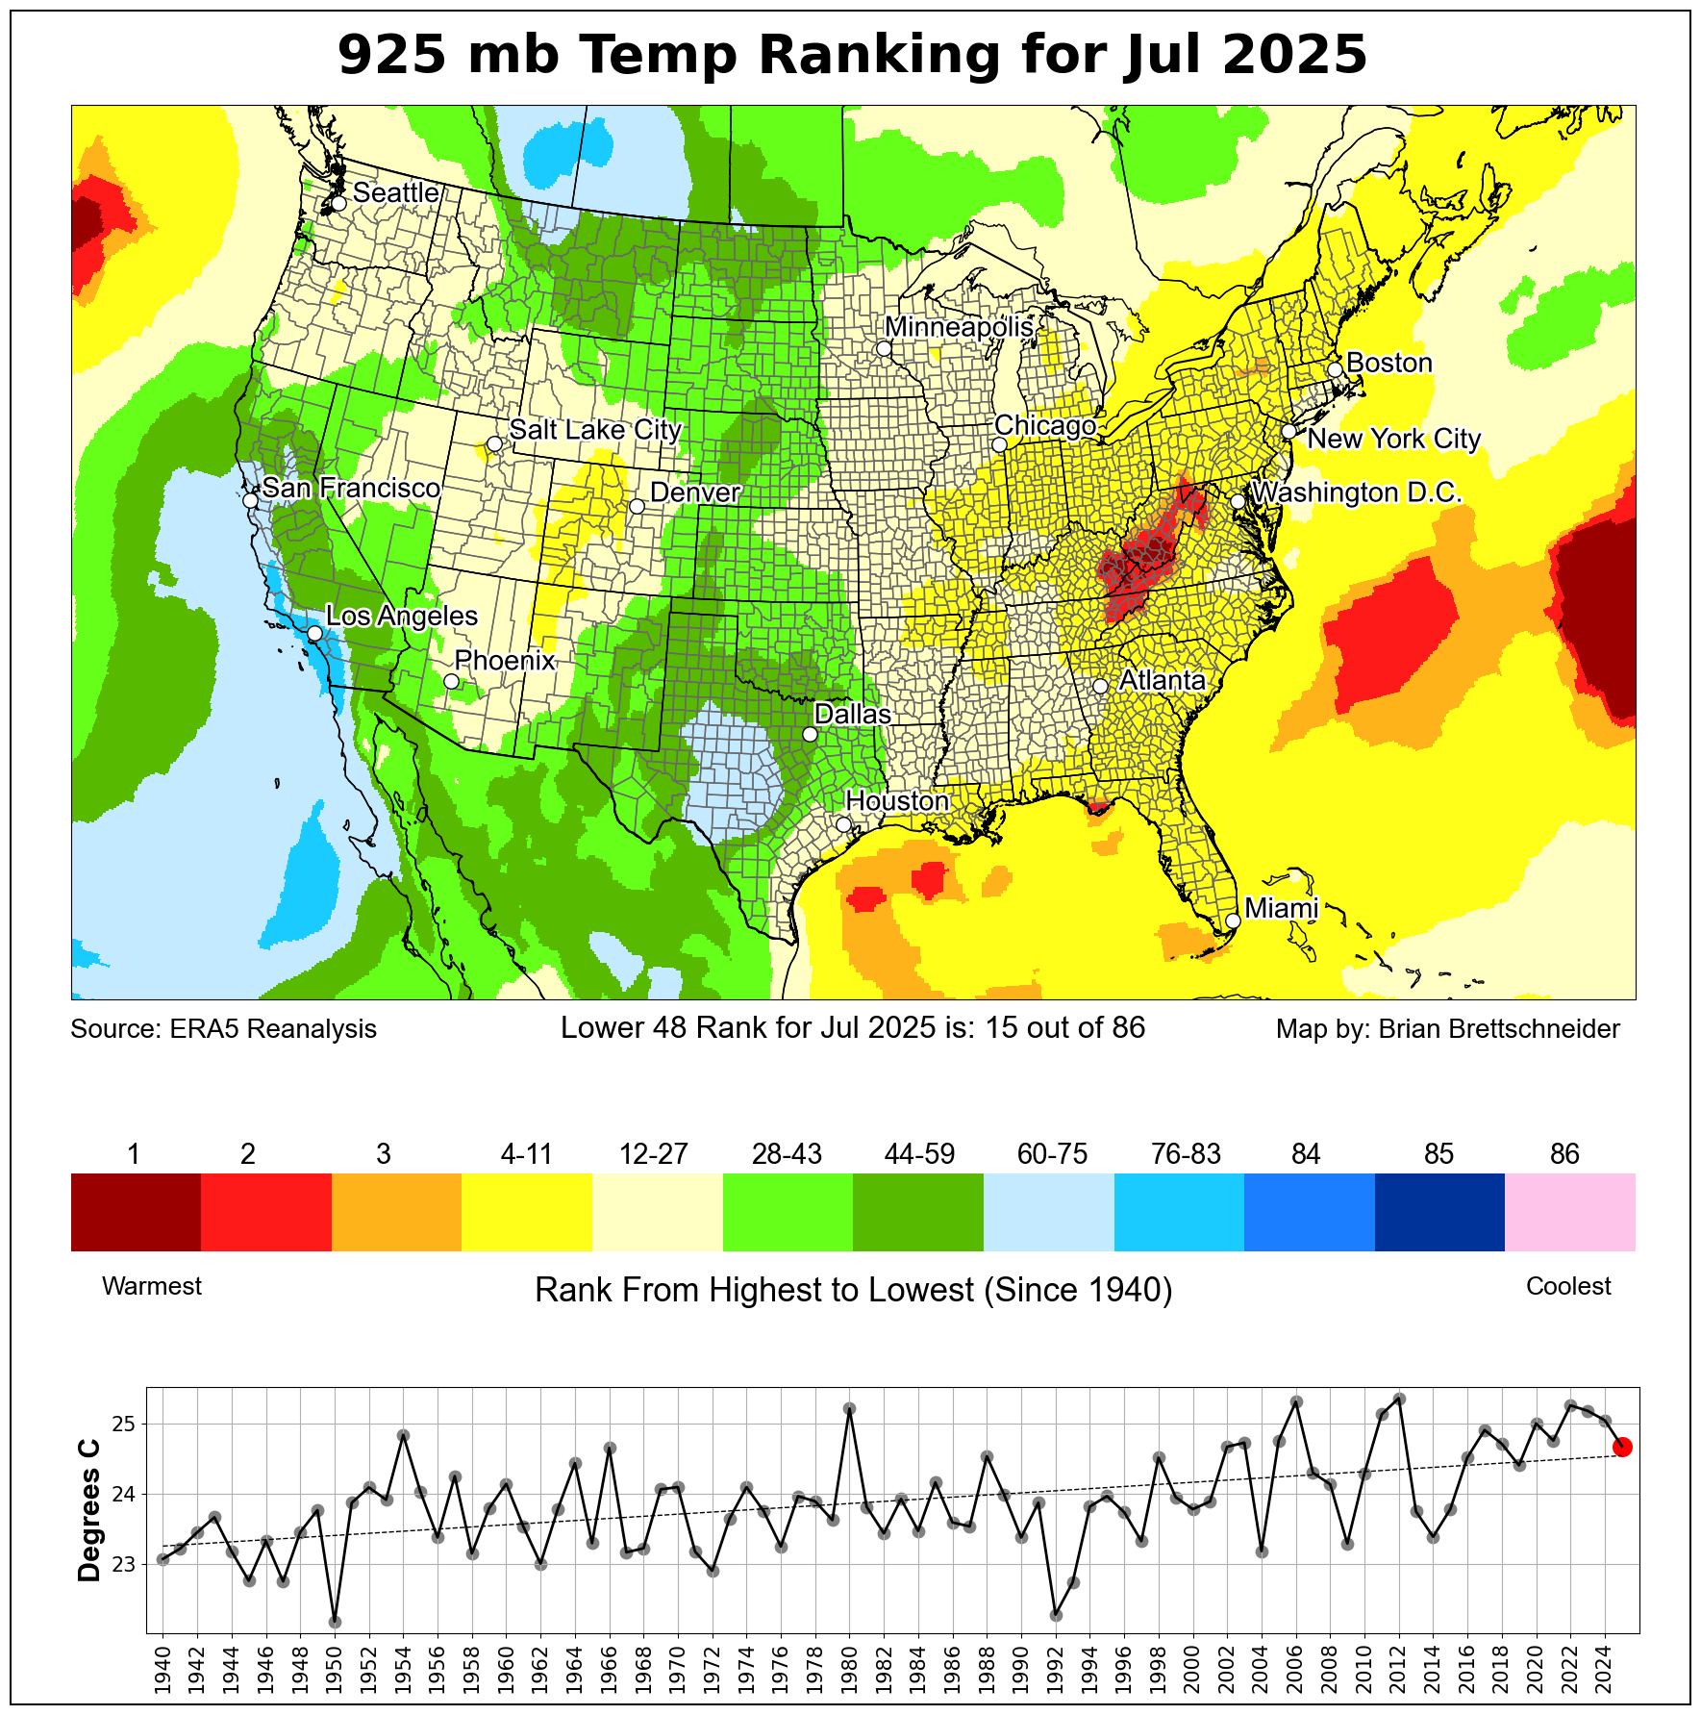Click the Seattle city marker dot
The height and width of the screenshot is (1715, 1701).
coord(338,203)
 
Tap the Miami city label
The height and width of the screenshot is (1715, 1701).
coord(1281,908)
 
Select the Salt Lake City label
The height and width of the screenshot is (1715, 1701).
coord(595,429)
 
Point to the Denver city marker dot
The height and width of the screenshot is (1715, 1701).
coord(637,506)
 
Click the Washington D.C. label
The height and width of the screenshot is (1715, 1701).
coord(1357,492)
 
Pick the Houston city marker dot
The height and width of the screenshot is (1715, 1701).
coord(843,824)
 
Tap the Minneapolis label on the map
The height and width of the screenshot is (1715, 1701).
coord(959,327)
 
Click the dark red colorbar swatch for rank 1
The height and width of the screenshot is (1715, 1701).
coord(136,1212)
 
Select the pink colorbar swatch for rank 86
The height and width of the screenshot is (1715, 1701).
coord(1569,1212)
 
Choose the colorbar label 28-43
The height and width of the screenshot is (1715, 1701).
coord(787,1154)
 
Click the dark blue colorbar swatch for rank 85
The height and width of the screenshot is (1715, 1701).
coord(1438,1212)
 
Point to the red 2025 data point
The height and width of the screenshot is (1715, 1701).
coord(1622,1447)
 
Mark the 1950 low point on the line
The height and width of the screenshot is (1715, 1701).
coord(335,1622)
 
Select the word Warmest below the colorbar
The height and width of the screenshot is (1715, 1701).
coord(152,1286)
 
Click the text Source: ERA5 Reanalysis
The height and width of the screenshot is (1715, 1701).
coord(224,1029)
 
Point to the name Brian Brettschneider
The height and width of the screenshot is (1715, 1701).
coord(1499,1029)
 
